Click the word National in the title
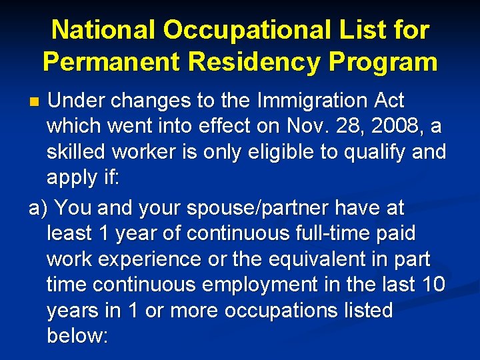(104, 30)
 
